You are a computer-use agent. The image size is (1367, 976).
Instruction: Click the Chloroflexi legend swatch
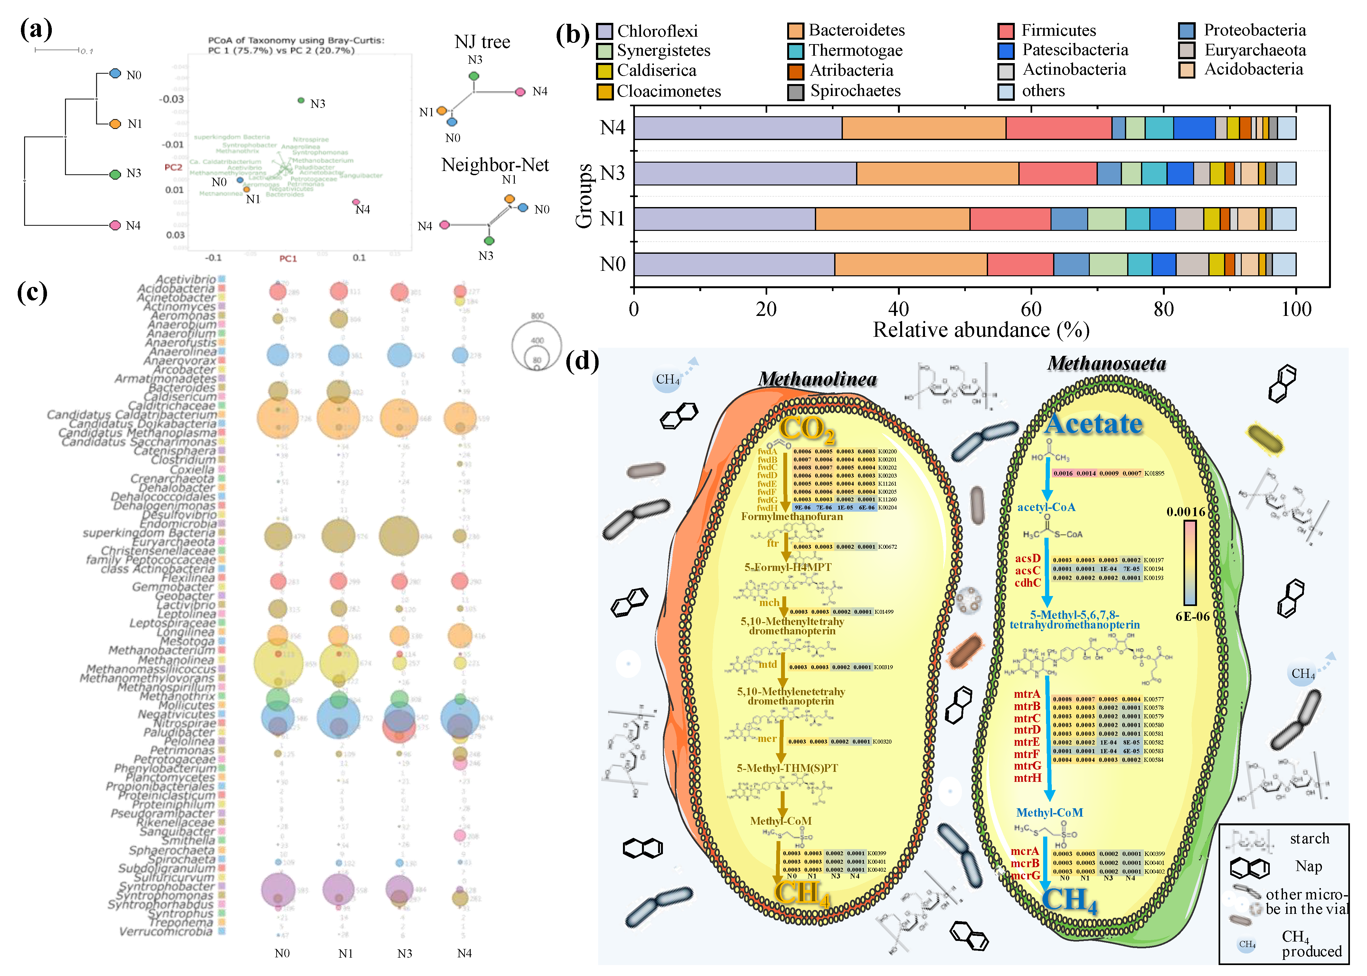[x=605, y=31]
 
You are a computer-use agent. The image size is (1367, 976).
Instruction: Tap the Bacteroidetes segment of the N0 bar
[x=910, y=264]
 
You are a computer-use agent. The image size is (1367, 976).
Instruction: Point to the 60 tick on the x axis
[x=1031, y=309]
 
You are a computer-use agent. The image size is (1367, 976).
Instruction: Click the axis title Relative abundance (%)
[x=981, y=330]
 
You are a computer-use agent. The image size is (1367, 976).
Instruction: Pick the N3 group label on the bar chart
[x=612, y=173]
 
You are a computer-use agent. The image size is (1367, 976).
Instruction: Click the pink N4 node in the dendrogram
[x=115, y=225]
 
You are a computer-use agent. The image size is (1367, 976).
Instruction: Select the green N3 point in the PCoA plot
[x=301, y=100]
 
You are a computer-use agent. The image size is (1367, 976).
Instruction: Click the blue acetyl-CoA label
[x=1046, y=507]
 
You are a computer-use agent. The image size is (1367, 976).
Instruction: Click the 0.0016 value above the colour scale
[x=1185, y=512]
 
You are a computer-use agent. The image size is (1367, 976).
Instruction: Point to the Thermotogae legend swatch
[x=796, y=51]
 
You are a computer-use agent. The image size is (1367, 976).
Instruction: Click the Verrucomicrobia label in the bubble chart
[x=166, y=932]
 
